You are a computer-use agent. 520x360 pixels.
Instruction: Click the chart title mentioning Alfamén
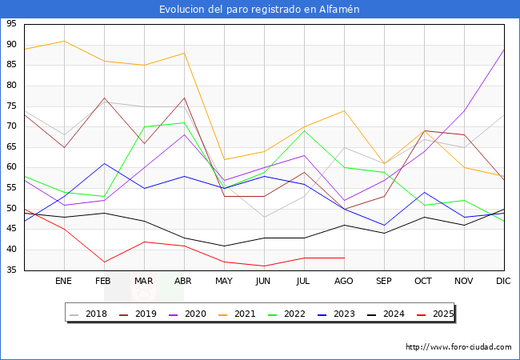[259, 9]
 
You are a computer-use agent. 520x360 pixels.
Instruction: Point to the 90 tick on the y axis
[11, 45]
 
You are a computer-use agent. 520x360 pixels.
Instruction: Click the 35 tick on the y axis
[11, 270]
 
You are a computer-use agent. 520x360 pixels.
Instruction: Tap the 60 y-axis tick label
[11, 168]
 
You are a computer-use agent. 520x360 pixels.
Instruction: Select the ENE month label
[64, 282]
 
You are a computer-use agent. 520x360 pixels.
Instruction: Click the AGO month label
[344, 282]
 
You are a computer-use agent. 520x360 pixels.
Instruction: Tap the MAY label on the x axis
[224, 282]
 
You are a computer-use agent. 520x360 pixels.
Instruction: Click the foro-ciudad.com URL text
[458, 347]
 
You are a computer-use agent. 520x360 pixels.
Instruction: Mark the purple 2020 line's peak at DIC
[504, 50]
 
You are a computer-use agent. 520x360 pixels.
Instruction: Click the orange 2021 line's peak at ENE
[64, 41]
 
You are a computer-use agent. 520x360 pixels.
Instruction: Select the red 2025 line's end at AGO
[344, 258]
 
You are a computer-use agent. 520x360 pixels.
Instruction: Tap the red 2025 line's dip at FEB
[104, 262]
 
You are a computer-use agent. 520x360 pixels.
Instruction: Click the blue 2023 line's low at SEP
[384, 226]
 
